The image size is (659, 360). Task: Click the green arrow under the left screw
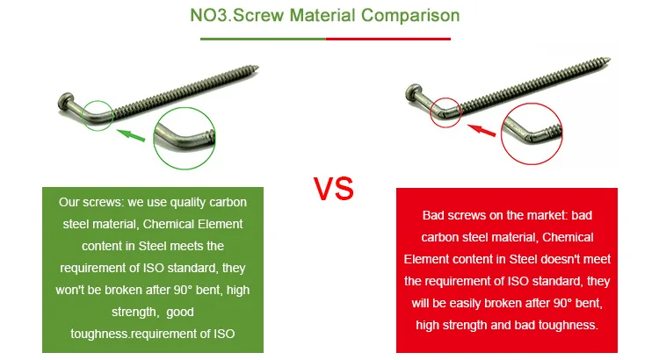tap(131, 135)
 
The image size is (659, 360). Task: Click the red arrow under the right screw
tap(482, 130)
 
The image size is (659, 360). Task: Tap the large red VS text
tap(334, 189)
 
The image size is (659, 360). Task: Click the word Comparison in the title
tap(410, 16)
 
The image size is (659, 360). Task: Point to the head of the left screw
tap(65, 102)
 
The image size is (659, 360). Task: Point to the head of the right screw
tap(414, 92)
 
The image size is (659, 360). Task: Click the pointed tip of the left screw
tap(257, 67)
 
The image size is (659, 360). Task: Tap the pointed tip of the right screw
tap(610, 59)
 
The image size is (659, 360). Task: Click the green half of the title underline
tap(263, 39)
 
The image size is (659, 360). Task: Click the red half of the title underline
tap(388, 39)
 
